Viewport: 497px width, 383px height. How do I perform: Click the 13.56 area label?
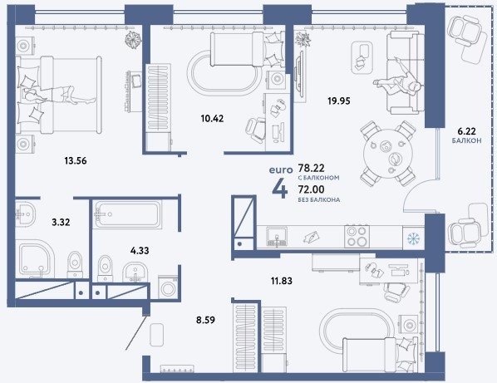coord(76,161)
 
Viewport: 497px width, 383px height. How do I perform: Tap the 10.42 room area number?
coord(212,119)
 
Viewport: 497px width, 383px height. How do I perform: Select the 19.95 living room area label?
coord(339,101)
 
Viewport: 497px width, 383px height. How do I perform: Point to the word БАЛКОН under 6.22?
coord(466,140)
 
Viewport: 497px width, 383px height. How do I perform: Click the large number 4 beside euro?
coord(280,189)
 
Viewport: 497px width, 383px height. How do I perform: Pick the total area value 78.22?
coord(312,168)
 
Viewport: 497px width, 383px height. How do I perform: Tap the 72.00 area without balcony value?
coord(312,189)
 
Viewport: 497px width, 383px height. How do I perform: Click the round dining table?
coord(387,153)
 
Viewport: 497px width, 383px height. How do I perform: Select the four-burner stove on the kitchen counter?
coord(357,236)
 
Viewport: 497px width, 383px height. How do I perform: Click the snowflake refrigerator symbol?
coord(413,238)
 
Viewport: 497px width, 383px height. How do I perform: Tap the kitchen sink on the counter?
coord(277,237)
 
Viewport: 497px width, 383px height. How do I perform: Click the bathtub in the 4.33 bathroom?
coord(128,214)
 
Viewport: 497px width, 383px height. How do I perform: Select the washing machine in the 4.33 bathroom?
coord(168,288)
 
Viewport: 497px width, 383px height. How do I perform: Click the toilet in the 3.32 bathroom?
coord(75,265)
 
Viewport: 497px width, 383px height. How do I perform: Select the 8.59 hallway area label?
coord(205,320)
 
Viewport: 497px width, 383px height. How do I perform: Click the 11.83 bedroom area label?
coord(282,281)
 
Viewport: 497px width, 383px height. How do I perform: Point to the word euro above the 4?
coord(281,170)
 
